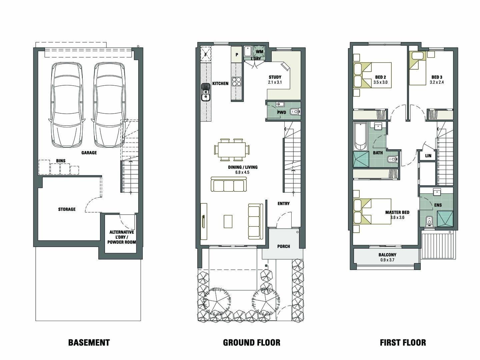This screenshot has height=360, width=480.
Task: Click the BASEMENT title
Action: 89,343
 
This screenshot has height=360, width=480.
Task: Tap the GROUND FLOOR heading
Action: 251,343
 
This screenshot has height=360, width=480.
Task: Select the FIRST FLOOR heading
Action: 403,343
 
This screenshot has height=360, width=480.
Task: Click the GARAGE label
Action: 89,153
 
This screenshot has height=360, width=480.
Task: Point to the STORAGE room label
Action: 67,209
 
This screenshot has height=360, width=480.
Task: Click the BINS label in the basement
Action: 61,161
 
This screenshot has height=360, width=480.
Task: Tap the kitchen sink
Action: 206,92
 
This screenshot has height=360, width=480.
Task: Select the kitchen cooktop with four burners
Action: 237,82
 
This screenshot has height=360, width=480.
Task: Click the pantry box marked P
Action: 237,55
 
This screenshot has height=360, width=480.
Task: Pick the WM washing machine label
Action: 260,52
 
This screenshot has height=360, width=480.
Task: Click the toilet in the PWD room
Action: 295,112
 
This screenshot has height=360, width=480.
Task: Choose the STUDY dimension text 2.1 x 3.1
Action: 275,82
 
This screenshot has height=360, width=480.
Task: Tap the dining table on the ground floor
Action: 232,150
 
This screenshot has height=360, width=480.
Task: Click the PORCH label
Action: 284,247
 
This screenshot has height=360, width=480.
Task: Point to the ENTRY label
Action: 284,204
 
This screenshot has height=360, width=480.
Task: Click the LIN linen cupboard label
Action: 428,156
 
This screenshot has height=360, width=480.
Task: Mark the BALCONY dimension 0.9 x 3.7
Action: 387,260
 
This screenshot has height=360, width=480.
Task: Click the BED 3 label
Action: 437,77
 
